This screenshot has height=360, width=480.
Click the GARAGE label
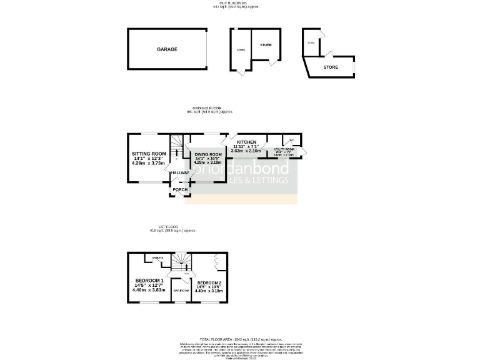point(167,49)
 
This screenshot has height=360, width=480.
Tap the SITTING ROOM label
point(149,154)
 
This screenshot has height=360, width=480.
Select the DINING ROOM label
point(208,154)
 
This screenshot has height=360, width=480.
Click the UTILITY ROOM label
point(284,149)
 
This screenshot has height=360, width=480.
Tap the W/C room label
point(291,139)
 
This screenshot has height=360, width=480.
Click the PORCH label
point(180,189)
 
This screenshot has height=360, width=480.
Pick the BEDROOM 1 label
point(149,280)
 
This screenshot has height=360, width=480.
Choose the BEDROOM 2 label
point(209,282)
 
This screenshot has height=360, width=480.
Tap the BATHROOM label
point(181,290)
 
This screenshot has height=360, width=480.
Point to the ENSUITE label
point(158,257)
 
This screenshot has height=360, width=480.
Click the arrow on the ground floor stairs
point(176,152)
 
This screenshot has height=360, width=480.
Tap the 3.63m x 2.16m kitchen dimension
point(244,151)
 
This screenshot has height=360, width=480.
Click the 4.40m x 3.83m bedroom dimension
point(149,290)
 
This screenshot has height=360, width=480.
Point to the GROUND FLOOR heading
point(209,108)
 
